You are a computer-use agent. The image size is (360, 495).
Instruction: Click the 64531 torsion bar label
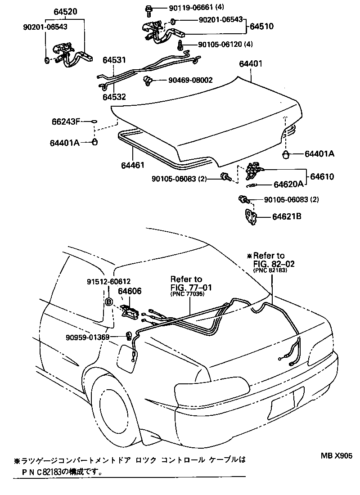click(x=114, y=59)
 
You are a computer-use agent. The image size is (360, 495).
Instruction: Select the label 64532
click(x=114, y=97)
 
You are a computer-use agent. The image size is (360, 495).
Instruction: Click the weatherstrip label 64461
click(x=132, y=165)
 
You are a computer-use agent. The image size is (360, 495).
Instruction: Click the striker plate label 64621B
click(x=286, y=217)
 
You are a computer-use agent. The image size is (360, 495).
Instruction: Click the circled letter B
click(x=108, y=302)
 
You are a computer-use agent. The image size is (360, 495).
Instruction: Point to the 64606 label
click(x=130, y=291)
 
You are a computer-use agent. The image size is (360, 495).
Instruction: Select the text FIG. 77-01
click(x=191, y=287)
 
